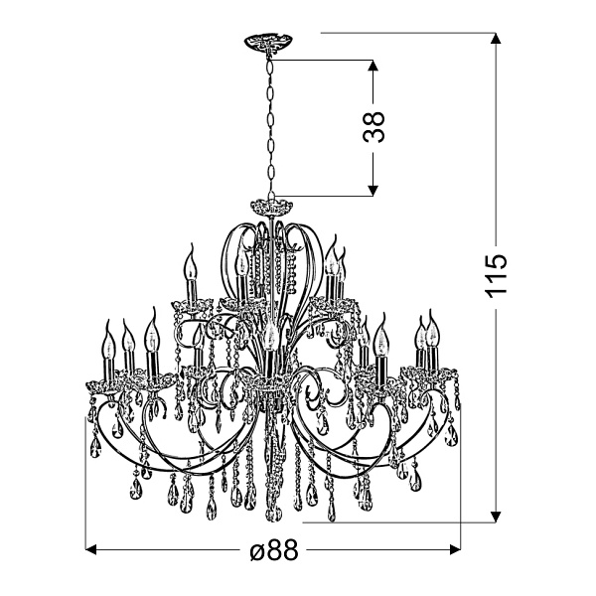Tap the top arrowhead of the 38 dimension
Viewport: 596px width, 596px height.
click(372, 66)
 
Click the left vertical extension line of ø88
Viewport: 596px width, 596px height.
click(86, 477)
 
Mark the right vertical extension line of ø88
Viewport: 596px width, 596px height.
click(463, 477)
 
